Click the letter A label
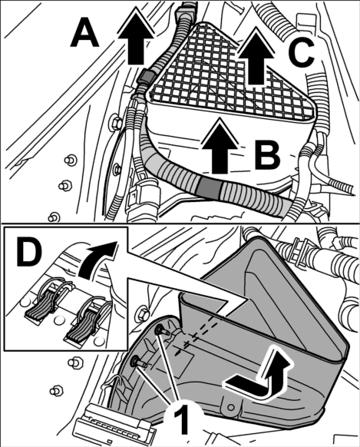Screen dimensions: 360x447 (84, 32)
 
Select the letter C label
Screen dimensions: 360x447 (301, 53)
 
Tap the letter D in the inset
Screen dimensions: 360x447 (28, 253)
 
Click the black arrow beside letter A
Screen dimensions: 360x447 (135, 38)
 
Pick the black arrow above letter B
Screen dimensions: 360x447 (220, 147)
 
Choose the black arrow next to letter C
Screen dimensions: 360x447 (256, 58)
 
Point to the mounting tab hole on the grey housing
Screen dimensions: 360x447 (231, 406)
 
